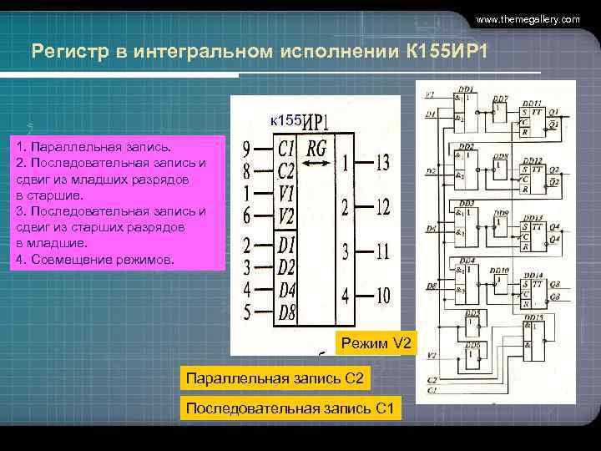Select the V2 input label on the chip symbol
coord(286,217)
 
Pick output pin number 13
coord(381,161)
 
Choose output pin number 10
coord(381,294)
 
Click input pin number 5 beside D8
coord(247,313)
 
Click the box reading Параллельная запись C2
coord(275,378)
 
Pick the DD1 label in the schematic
coord(466,88)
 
